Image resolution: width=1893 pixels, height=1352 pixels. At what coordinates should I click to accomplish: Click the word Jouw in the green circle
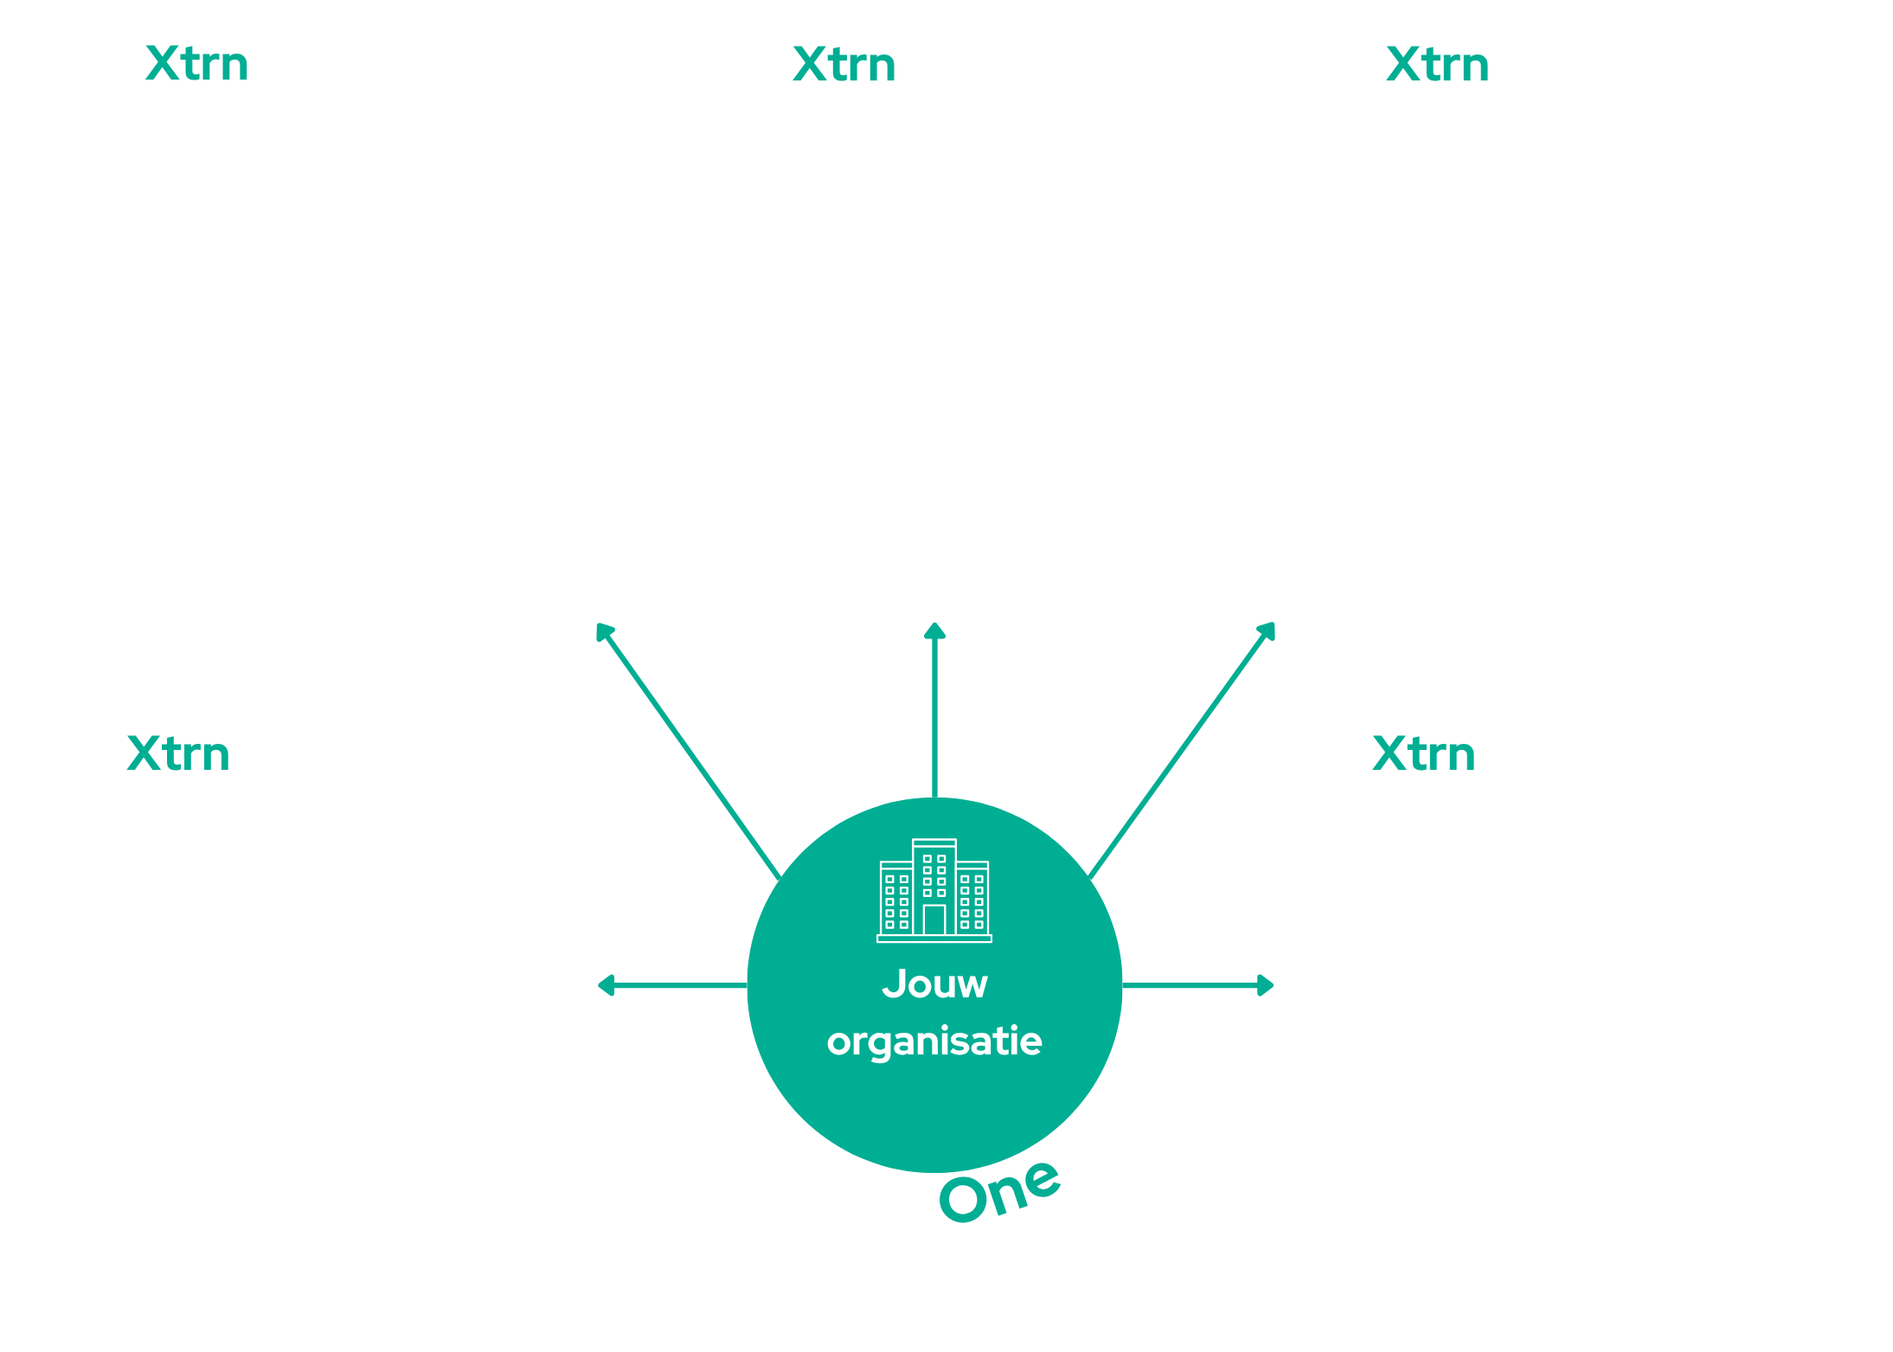tap(934, 984)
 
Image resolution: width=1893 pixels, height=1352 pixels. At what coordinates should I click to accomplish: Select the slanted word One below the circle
tap(999, 1191)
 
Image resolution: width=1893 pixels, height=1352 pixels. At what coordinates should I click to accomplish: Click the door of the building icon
tap(934, 919)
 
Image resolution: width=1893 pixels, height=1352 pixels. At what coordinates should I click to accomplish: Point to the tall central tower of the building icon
tap(934, 887)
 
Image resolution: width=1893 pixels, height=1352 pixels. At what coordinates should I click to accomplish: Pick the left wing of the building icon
tap(896, 899)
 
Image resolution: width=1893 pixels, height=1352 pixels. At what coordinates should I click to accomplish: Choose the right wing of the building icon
tap(972, 899)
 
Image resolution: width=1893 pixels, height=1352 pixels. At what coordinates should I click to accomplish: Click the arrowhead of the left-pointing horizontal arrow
tap(606, 985)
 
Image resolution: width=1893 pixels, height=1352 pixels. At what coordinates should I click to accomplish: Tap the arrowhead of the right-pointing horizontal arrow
tap(1266, 985)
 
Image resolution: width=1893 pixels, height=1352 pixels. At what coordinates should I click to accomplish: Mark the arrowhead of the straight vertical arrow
tap(934, 631)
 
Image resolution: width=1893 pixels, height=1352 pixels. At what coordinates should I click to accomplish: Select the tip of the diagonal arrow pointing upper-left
tap(598, 625)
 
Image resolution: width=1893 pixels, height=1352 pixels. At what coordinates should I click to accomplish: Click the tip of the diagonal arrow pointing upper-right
tap(1274, 624)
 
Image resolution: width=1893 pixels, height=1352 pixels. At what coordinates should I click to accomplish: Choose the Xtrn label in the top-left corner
tap(197, 64)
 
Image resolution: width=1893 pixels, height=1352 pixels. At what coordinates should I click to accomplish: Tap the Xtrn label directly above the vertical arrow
tap(844, 65)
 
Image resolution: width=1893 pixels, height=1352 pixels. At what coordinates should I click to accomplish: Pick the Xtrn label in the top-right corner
tap(1438, 65)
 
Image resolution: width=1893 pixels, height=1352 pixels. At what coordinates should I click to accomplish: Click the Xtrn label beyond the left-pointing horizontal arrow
tap(179, 753)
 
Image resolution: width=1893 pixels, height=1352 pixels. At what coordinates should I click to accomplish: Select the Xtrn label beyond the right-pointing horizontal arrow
tap(1424, 753)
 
